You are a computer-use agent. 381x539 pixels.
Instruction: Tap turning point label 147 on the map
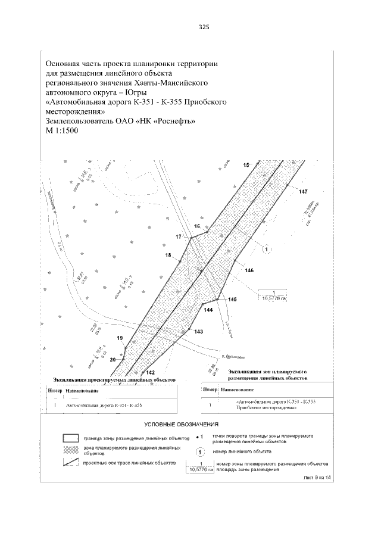coord(303,191)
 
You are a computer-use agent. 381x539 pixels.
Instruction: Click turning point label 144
coord(208,310)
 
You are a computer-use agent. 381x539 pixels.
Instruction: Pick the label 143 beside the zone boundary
coord(198,331)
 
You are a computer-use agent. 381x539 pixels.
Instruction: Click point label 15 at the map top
coord(246,164)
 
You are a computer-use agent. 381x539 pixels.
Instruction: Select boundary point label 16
coord(197,226)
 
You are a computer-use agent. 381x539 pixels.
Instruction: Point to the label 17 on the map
coord(178,237)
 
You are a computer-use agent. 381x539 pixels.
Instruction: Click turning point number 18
coord(168,255)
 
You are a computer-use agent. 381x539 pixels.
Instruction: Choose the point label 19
coord(120,338)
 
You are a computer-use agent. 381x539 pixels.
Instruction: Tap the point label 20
coord(113,359)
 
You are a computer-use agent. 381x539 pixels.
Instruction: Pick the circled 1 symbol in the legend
coord(201,451)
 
